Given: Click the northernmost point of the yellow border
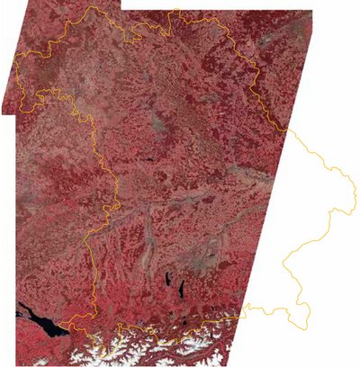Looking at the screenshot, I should coord(178,11).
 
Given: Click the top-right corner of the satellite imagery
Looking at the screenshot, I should coord(312,12).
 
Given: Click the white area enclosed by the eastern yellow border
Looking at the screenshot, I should coord(310,225).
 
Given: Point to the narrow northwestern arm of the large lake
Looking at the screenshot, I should coord(22,315).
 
